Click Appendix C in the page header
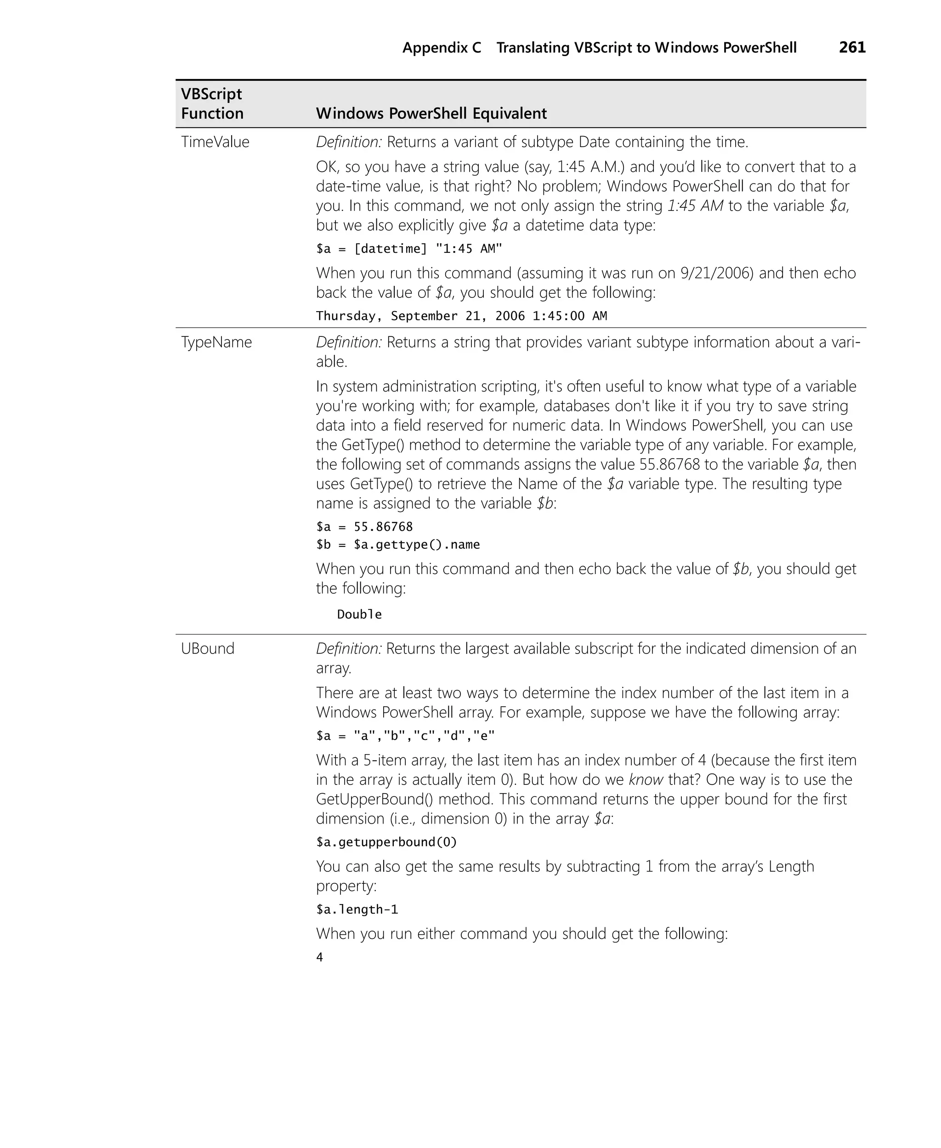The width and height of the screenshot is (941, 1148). (441, 48)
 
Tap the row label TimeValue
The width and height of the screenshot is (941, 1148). (215, 142)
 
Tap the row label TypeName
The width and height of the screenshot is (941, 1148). (216, 342)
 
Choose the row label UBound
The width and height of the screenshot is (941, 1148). (208, 648)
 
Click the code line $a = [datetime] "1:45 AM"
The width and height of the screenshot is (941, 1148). (409, 249)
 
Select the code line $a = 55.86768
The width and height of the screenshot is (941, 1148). (364, 527)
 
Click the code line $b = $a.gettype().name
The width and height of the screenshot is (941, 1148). (398, 545)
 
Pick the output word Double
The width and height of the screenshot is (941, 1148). (359, 614)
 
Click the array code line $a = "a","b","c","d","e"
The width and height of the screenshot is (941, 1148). (405, 735)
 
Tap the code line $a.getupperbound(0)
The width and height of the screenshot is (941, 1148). (386, 842)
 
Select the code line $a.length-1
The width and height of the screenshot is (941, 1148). (357, 909)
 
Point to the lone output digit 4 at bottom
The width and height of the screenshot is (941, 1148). (320, 958)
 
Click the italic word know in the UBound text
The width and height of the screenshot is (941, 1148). (646, 779)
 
